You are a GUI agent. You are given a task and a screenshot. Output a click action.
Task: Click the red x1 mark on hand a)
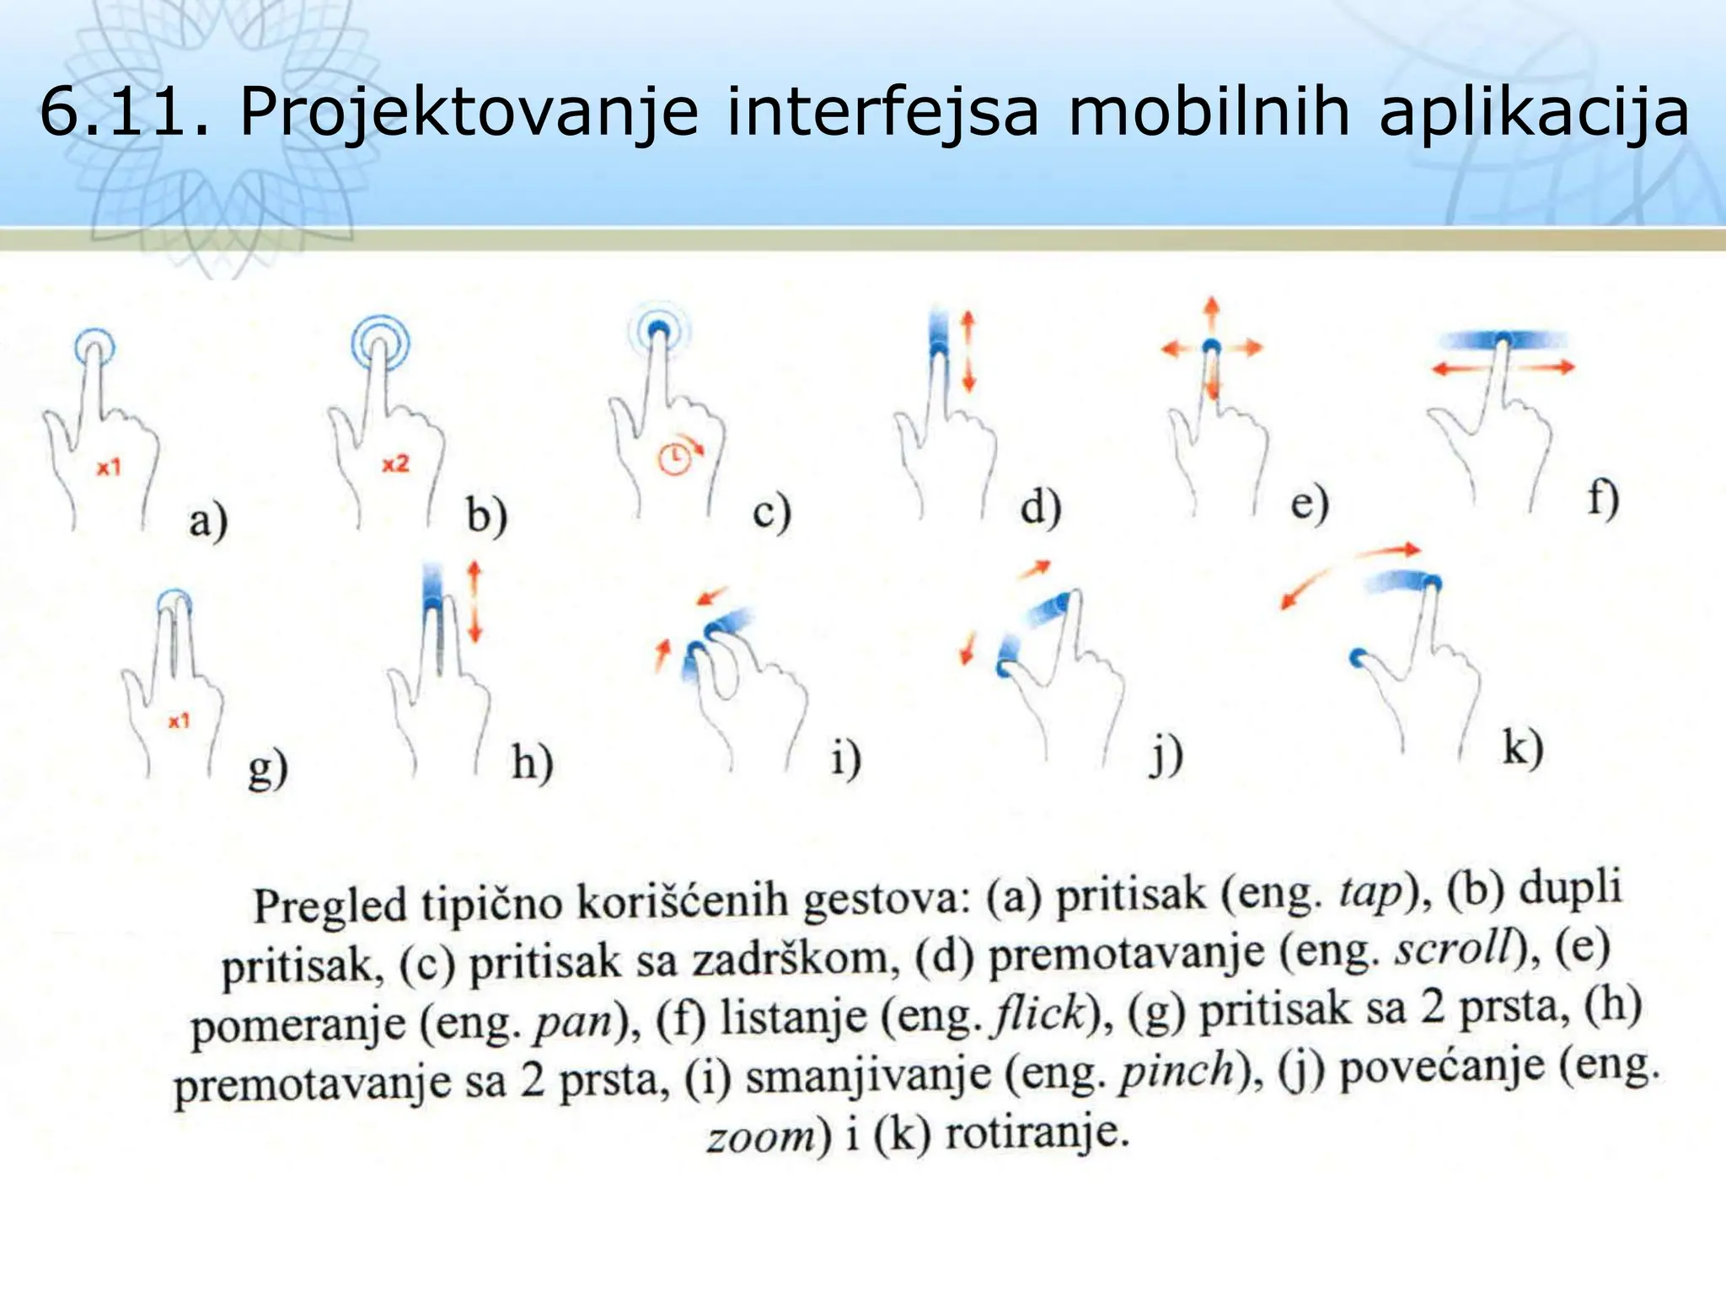(x=109, y=467)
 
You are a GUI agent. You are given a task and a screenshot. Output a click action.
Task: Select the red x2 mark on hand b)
(x=395, y=463)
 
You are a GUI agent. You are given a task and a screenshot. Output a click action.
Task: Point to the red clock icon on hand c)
(x=675, y=459)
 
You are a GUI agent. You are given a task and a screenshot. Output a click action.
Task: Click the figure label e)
(x=1309, y=504)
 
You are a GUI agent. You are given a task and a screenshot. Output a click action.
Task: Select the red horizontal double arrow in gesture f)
(x=1503, y=367)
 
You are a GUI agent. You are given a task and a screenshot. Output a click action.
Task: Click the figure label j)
(x=1166, y=755)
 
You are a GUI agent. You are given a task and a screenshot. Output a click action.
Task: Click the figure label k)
(x=1522, y=747)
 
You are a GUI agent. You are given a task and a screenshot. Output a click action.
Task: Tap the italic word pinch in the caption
(x=1176, y=1072)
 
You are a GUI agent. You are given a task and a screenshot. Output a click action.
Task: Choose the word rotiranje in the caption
(x=1037, y=1134)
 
